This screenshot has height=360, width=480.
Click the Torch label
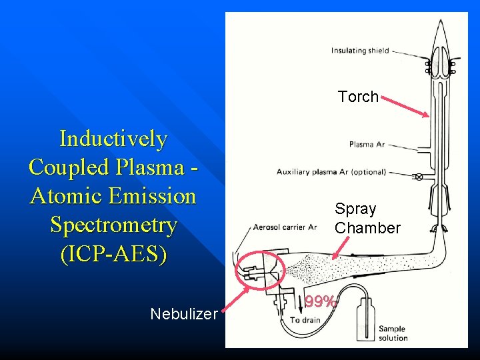358,97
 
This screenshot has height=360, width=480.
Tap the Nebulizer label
184,313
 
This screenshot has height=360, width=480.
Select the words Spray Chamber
367,219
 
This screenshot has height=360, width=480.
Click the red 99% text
319,302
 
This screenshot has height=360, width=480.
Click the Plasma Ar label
367,144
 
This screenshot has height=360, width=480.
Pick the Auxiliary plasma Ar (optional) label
331,172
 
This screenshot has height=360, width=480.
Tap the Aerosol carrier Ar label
284,227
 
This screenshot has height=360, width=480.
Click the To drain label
305,320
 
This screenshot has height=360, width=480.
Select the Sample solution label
393,333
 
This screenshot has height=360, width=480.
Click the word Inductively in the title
113,139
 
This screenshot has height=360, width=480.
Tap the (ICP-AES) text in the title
113,254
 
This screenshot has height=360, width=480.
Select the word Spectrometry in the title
113,225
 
